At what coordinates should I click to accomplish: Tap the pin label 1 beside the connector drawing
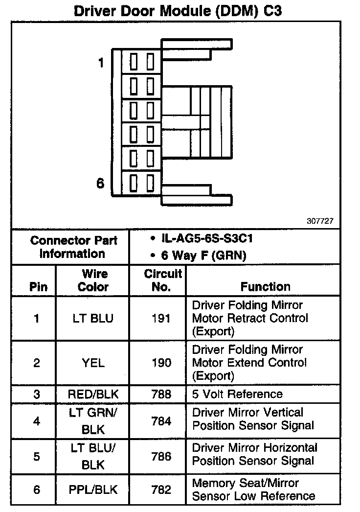click(x=101, y=63)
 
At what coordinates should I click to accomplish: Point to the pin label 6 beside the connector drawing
click(x=100, y=183)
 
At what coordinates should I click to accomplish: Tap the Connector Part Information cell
click(x=73, y=247)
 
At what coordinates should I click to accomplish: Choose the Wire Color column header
click(x=93, y=280)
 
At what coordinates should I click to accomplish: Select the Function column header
click(x=265, y=287)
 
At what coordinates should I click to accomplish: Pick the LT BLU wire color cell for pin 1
click(x=93, y=319)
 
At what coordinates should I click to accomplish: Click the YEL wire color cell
click(x=93, y=363)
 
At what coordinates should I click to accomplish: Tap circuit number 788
click(x=161, y=395)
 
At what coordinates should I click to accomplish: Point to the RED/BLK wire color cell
click(x=93, y=395)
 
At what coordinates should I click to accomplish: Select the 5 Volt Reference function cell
click(x=237, y=395)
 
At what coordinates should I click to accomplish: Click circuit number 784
click(x=161, y=421)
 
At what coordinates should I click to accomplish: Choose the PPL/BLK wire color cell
click(x=93, y=489)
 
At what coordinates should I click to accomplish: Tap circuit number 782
click(x=161, y=489)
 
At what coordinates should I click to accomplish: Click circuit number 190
click(x=161, y=363)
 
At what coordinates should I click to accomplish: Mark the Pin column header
click(x=39, y=287)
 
